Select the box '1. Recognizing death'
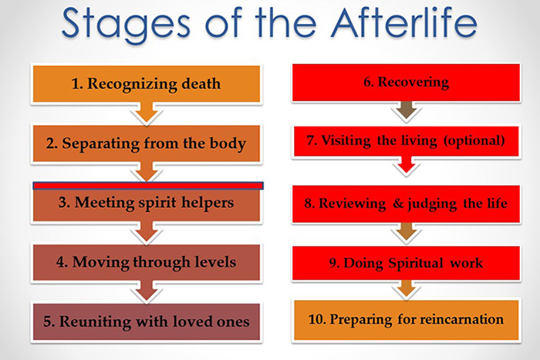tap(147, 84)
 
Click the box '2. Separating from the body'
tap(147, 143)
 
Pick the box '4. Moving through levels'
tap(147, 263)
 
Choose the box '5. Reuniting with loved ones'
tap(147, 321)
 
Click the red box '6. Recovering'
tap(406, 82)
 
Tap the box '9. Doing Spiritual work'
tap(406, 263)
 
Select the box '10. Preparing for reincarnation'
tap(406, 320)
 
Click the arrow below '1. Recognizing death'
tap(147, 113)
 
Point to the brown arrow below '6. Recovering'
tap(407, 111)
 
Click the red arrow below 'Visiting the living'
tap(407, 165)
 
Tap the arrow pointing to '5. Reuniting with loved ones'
tap(147, 291)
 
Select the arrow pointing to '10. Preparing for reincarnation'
tap(407, 289)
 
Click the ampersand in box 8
tap(398, 203)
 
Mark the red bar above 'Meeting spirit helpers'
tap(148, 186)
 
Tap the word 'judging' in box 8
tap(432, 204)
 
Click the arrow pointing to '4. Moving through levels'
tap(147, 231)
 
